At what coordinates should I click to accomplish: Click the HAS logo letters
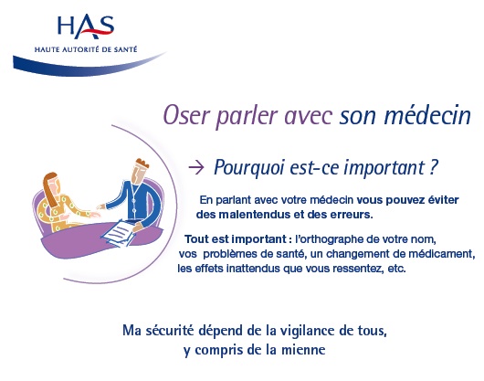(86, 26)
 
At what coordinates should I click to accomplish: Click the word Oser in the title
(185, 115)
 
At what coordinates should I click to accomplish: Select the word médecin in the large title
(427, 115)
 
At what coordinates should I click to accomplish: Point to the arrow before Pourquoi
(196, 168)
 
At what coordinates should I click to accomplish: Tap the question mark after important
(434, 167)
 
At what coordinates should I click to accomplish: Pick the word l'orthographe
(330, 239)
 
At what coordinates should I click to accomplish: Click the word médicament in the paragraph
(442, 254)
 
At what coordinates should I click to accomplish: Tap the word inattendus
(253, 269)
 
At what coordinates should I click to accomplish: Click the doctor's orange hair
(142, 163)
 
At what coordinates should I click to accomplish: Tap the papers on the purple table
(119, 232)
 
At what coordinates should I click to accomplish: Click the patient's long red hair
(51, 187)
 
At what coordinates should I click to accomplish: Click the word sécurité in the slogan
(170, 330)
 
